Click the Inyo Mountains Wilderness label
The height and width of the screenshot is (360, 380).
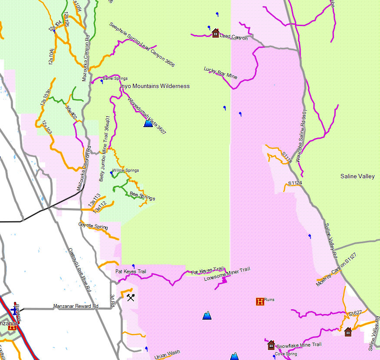point(155,86)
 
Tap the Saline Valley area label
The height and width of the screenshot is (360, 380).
point(357,177)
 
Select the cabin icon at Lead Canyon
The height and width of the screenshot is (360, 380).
point(215,33)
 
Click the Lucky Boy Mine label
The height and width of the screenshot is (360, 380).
point(221,73)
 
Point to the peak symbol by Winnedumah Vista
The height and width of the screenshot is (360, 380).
point(148,124)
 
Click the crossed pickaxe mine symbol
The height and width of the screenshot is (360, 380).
point(131,297)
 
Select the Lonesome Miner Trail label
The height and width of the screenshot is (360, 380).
point(227,274)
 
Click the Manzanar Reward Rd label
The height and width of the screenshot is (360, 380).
point(76,306)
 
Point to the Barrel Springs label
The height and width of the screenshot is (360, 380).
point(115,79)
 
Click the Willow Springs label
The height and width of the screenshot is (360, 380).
point(126,170)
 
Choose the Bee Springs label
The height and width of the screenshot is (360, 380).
point(142,196)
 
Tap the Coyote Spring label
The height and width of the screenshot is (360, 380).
point(93,226)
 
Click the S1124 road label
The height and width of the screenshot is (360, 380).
point(295,183)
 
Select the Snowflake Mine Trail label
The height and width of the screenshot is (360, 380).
point(299,345)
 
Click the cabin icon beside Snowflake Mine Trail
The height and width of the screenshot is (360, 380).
point(271,345)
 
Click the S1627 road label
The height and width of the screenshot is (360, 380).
point(355,313)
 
